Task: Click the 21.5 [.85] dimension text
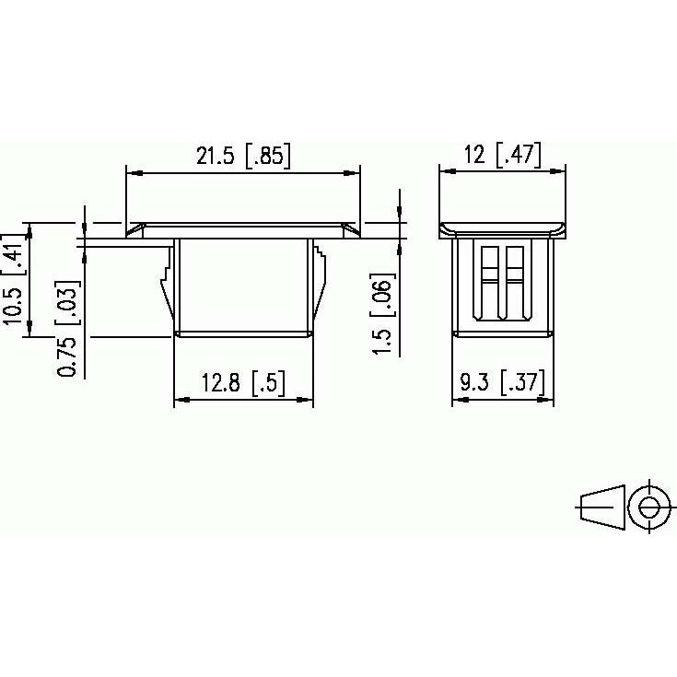243,156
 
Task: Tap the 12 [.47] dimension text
502,154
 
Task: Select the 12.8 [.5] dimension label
243,382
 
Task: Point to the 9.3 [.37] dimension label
502,381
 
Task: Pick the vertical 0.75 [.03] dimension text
68,329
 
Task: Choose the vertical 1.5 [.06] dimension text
382,314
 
